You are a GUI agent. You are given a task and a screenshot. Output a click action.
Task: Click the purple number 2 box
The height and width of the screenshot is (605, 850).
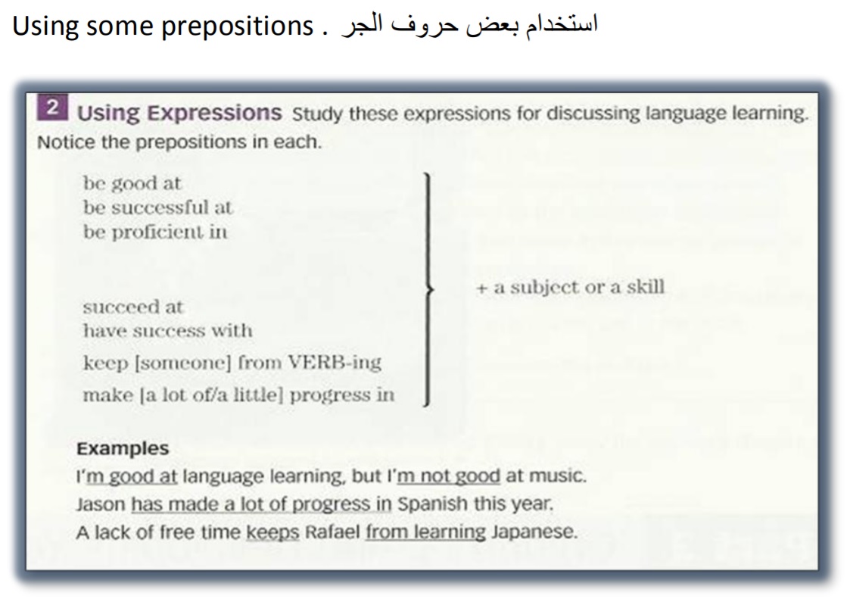click(52, 107)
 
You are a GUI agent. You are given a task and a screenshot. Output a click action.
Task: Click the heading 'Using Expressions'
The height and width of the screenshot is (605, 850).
click(179, 113)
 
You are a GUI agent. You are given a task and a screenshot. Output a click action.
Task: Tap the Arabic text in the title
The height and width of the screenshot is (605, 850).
click(469, 25)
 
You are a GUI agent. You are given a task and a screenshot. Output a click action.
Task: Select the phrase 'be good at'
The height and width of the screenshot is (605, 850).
click(132, 183)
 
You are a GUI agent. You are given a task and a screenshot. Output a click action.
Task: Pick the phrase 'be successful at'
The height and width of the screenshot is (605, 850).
click(157, 207)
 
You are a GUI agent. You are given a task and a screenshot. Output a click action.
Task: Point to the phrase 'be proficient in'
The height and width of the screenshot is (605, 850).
click(155, 232)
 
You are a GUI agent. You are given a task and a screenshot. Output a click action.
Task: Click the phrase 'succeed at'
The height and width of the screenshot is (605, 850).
click(132, 307)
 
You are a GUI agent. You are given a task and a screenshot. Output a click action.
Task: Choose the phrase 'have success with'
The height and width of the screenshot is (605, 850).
click(167, 331)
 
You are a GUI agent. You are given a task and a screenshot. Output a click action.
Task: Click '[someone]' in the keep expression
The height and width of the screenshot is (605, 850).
click(182, 363)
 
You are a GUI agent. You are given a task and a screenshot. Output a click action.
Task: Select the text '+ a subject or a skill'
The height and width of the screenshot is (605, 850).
click(570, 287)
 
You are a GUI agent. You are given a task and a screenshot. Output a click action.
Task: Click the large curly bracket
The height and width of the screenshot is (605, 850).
click(429, 289)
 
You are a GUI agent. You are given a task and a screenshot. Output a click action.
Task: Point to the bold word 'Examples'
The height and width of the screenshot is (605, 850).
click(123, 448)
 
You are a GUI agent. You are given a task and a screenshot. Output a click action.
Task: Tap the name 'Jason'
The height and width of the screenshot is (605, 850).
click(101, 504)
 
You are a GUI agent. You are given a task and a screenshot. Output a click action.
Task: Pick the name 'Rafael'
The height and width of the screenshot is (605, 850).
click(332, 532)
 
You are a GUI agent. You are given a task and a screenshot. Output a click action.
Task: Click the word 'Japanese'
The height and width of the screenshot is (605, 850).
click(534, 532)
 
